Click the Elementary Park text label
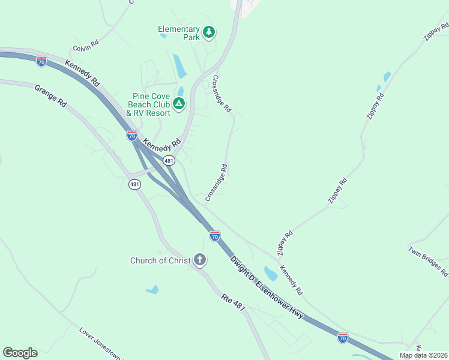tap(178, 32)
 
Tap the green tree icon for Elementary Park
tap(208, 32)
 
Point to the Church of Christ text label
tap(160, 260)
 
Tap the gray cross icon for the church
tap(199, 260)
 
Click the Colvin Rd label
tap(85, 46)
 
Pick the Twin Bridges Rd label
tap(427, 261)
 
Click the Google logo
tap(20, 352)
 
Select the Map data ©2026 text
tap(423, 355)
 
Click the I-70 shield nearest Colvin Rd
tap(41, 61)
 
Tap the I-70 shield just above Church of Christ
tap(214, 236)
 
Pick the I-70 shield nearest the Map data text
tap(342, 338)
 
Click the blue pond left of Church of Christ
tap(152, 290)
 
